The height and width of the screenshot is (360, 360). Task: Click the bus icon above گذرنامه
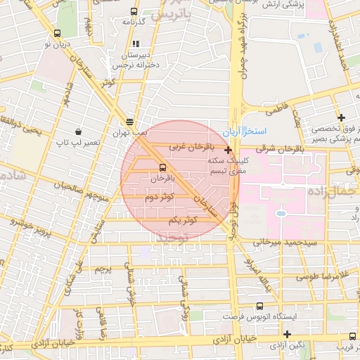pos(134,12)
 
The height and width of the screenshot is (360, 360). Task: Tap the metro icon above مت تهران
pos(131,121)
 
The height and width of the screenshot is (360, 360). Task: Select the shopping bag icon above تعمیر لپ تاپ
pos(77,131)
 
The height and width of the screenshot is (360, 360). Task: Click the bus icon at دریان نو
pos(56,33)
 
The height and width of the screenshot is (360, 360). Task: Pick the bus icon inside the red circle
pos(163,167)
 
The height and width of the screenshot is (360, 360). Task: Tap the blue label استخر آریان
pos(243,132)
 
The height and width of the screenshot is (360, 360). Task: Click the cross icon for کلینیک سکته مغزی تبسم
pos(229,150)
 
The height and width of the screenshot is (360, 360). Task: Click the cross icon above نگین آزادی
pos(287,334)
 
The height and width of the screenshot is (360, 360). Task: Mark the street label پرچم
pos(102,270)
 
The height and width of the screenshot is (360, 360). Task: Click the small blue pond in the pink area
pos(281,212)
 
